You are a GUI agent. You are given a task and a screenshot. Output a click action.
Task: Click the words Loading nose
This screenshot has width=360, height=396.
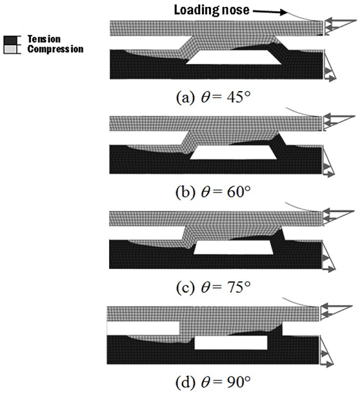pos(212,10)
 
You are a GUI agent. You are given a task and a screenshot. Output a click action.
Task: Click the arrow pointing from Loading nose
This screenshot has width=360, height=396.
pos(270,12)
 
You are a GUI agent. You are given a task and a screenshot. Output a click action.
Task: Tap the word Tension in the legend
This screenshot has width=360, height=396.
pos(44,39)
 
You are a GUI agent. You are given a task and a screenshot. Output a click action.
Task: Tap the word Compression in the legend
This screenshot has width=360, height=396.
pos(55,49)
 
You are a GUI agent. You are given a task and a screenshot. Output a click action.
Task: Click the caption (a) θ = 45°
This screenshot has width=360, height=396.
pos(214,97)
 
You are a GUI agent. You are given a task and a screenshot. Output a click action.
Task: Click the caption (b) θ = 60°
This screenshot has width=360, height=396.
pos(214,192)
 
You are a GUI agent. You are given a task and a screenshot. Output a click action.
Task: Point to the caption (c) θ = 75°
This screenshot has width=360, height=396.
pos(214,288)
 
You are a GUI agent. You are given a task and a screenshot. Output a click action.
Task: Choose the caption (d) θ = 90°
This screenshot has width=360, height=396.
pos(214,382)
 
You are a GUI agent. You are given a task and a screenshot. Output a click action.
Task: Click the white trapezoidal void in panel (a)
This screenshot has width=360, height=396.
pos(234,57)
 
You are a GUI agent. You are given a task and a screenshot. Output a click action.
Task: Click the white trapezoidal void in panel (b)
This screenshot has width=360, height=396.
pos(234,153)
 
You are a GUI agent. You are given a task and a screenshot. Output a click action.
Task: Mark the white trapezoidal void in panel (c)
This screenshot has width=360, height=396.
pos(234,248)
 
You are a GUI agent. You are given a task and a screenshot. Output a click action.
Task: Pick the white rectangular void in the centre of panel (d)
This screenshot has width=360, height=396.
pos(231,342)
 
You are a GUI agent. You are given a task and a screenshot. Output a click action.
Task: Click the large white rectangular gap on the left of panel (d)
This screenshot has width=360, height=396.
pos(143,328)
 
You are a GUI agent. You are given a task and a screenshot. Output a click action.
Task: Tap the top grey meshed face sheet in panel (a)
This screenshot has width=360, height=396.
pos(217,28)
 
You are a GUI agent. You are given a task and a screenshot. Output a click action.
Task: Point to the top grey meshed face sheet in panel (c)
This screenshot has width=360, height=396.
pos(215,219)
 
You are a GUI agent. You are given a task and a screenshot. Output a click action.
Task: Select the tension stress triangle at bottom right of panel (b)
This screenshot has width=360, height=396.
pos(328,162)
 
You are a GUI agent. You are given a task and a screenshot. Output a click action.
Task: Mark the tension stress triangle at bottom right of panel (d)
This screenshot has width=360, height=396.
pos(326,351)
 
